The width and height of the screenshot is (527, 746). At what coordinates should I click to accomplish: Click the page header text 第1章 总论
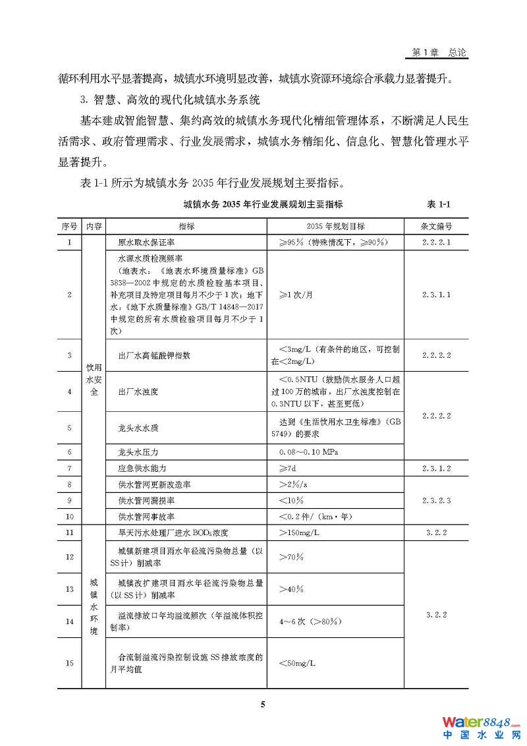pos(439,52)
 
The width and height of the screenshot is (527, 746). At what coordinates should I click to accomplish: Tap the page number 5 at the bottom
pos(263,704)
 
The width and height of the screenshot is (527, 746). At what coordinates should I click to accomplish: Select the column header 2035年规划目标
pos(336,225)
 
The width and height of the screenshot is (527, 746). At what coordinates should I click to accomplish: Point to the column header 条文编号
pos(436,225)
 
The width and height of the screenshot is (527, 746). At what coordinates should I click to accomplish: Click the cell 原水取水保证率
pos(146,243)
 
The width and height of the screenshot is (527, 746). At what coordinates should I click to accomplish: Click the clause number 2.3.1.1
pos(436,294)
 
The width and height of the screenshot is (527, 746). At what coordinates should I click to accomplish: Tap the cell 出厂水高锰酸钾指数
pos(154,355)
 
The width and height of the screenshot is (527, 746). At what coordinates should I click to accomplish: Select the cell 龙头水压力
pos(138,451)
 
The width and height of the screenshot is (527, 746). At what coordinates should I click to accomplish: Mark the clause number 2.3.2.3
pos(436,500)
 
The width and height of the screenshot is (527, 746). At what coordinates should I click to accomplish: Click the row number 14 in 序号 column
pos(69,621)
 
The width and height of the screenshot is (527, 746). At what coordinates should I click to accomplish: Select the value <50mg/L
pos(297,663)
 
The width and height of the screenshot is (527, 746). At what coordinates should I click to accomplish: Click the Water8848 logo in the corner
pos(481,726)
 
